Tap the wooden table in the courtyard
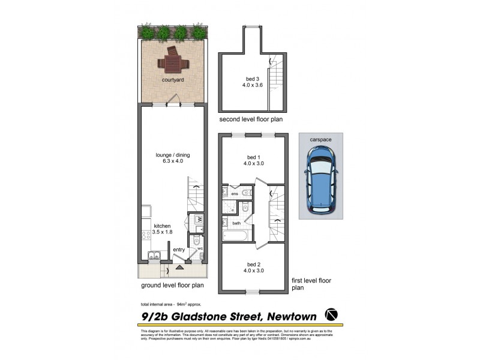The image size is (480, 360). (x=172, y=60)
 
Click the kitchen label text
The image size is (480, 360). (x=162, y=226)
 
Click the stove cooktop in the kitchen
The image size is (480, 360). (x=146, y=235)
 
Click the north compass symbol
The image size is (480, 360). (x=331, y=314)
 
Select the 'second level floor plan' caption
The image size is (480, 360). (x=251, y=119)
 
